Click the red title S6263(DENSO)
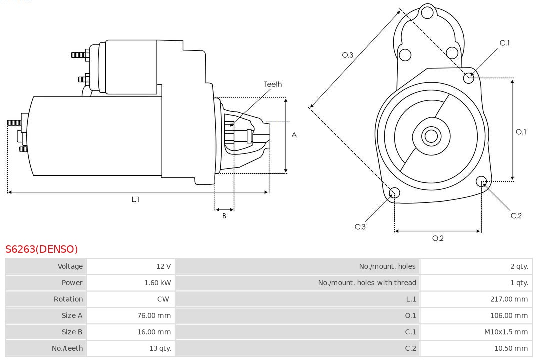[x=42, y=249]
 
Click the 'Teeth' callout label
[x=273, y=84]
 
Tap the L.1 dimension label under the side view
[x=135, y=199]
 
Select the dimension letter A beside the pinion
[x=294, y=135]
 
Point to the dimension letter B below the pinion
[x=224, y=216]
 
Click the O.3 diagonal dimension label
[x=348, y=55]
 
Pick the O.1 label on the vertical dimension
[x=521, y=132]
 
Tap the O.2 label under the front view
[x=438, y=238]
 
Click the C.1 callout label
[x=505, y=43]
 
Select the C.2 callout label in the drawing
[x=516, y=215]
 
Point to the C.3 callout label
[x=360, y=227]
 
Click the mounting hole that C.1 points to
[x=468, y=78]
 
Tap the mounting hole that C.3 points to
[x=394, y=193]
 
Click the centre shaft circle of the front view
[x=430, y=136]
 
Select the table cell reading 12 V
[x=163, y=266]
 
